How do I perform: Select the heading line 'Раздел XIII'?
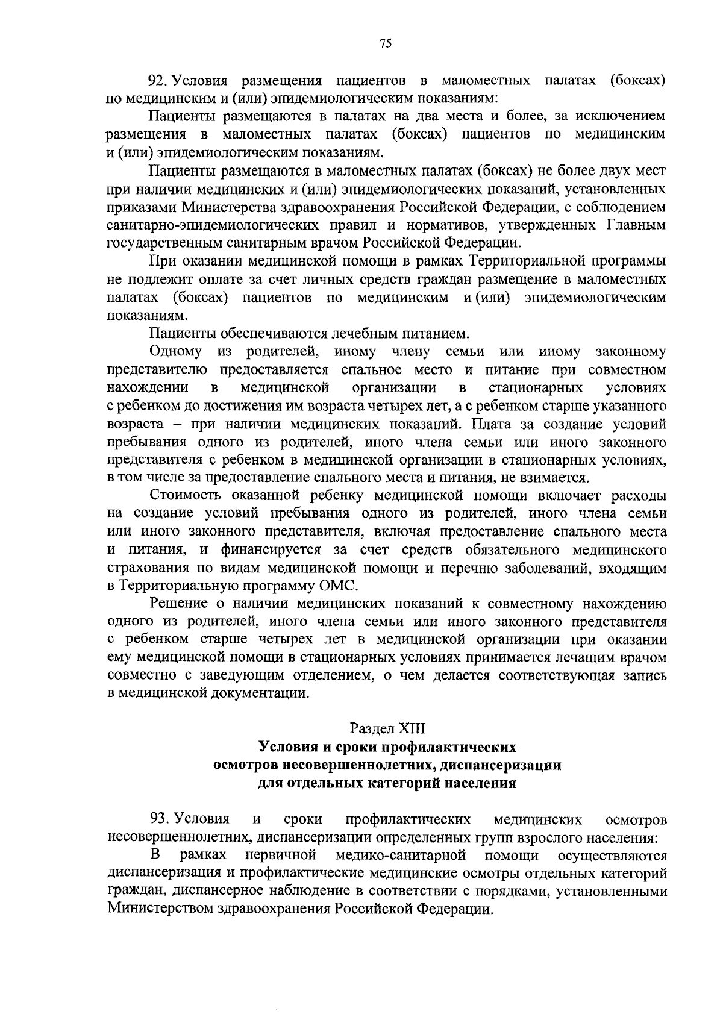coord(387,728)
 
